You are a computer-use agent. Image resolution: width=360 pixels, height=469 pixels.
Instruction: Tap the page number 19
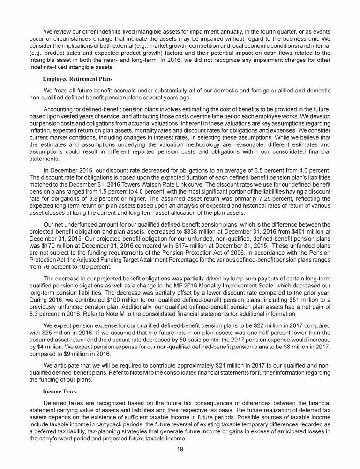(180, 449)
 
